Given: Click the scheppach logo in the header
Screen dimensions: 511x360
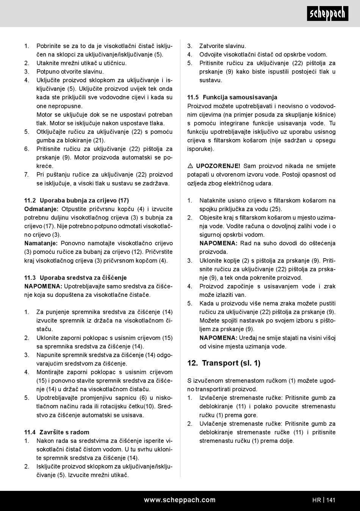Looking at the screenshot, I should [327, 14].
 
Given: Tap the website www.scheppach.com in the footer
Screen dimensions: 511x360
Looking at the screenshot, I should [180, 500].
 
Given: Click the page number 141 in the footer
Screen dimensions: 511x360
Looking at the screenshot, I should [330, 500].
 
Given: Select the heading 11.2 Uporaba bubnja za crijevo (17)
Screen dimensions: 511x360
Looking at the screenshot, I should [77, 200].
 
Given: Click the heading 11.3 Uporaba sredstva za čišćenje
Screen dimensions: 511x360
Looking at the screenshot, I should [75, 277].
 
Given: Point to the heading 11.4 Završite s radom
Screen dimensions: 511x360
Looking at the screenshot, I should [57, 432].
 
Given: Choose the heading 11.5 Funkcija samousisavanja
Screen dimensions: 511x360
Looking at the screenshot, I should [232, 97].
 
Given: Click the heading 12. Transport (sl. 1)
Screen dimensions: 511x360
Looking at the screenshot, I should [224, 363].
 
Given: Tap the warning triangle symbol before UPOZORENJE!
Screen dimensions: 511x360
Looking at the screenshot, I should [190, 166].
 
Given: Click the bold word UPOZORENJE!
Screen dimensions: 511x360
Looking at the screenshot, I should [218, 166].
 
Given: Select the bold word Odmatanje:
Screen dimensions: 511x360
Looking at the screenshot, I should [41, 209].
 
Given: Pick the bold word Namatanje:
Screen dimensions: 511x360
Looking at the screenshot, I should [41, 243].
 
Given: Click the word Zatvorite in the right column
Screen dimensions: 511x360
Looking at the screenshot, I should [211, 46].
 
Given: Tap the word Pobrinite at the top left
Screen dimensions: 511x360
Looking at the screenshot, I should [49, 46].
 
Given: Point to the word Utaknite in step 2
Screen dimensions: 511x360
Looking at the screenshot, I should [48, 63].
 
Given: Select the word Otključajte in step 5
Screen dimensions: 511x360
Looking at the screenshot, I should [52, 132].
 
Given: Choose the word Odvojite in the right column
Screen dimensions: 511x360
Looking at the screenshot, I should [211, 55].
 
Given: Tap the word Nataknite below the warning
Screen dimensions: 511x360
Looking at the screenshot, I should [213, 200].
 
